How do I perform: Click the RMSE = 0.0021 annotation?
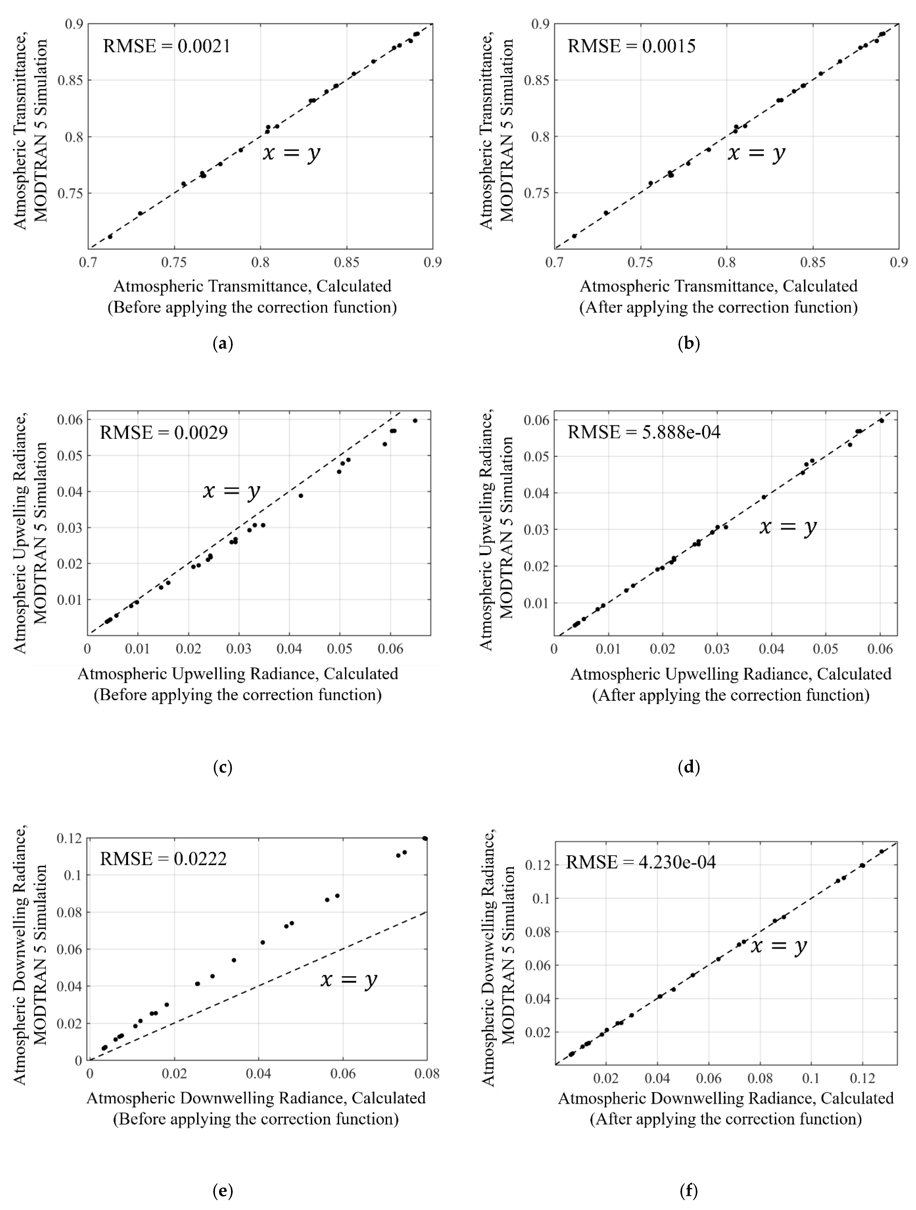(x=167, y=46)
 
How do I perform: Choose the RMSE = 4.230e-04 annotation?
(x=641, y=863)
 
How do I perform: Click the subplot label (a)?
(x=222, y=343)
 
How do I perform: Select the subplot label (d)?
(x=689, y=768)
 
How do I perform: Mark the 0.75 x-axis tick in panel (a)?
(x=174, y=263)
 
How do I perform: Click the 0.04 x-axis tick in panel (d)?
(x=771, y=649)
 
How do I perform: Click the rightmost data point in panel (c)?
(x=415, y=421)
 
